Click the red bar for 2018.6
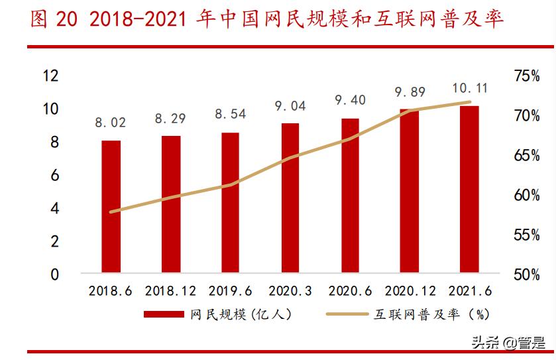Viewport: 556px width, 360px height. [x=111, y=206]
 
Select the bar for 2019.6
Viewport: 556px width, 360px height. [x=231, y=202]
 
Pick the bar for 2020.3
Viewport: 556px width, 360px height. [x=290, y=198]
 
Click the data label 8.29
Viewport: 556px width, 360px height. [x=171, y=119]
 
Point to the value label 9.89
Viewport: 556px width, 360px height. [x=410, y=91]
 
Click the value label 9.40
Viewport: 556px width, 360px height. [x=350, y=100]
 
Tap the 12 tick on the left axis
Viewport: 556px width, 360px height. [x=50, y=76]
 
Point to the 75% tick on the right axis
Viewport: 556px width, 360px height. [x=527, y=76]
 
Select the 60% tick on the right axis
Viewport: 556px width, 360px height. [x=527, y=196]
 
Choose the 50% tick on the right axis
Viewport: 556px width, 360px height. [x=527, y=274]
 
